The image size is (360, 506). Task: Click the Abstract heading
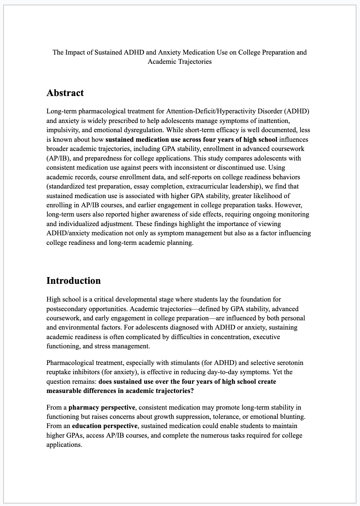pos(65,93)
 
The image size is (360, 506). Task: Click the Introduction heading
pos(73,281)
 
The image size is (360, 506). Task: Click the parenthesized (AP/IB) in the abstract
pos(57,158)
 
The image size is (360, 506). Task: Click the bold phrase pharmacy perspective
pos(101,407)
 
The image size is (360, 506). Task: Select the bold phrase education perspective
pos(105,426)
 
